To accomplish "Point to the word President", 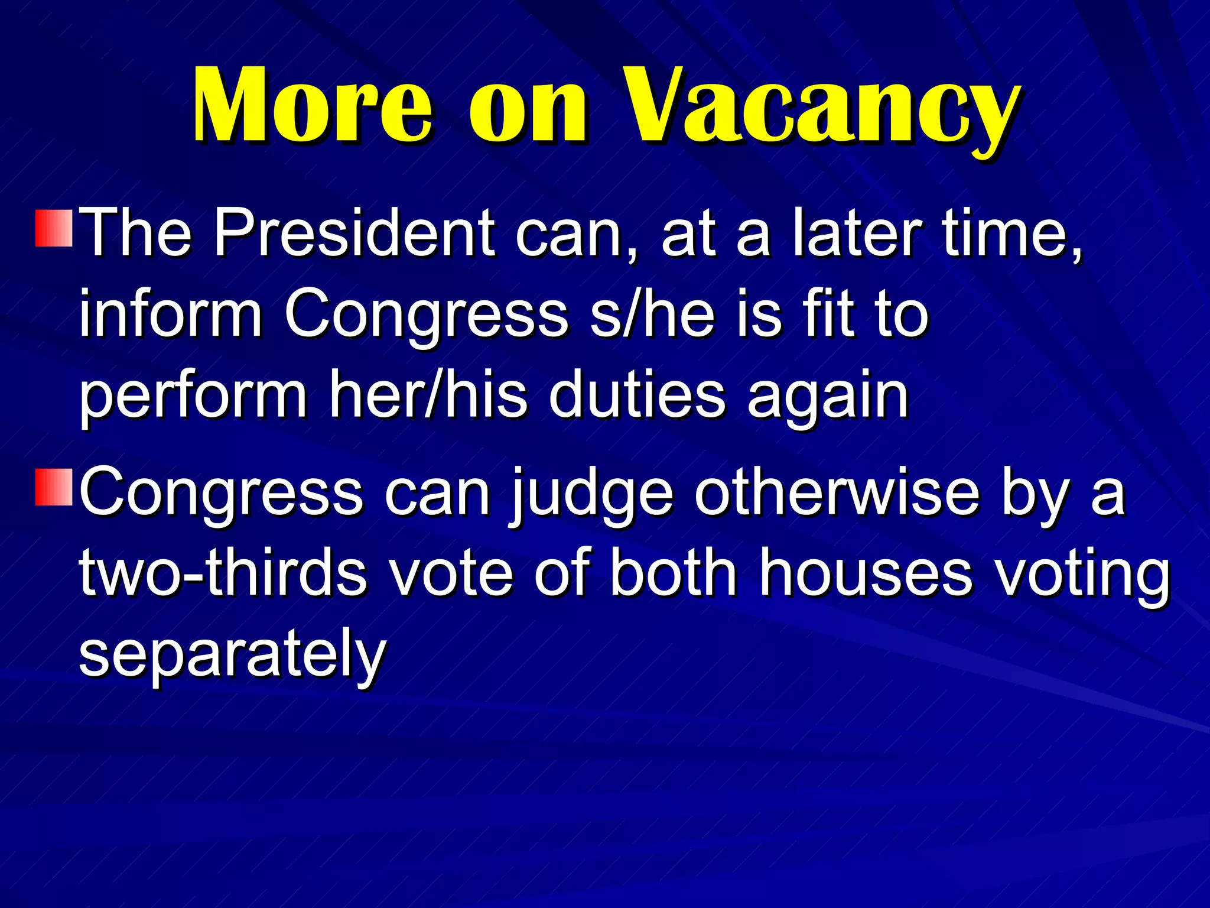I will (354, 233).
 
